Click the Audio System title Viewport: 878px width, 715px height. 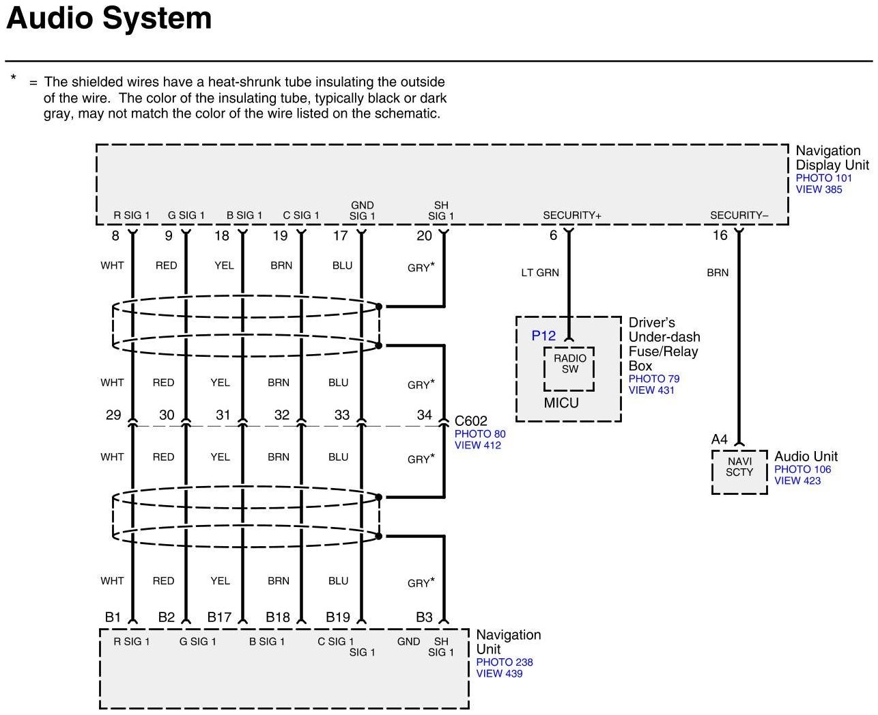point(109,18)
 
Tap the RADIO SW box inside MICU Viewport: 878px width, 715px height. point(569,364)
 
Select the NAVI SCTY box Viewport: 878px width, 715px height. point(739,467)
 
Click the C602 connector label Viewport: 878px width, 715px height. point(471,421)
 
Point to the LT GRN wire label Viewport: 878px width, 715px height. point(540,273)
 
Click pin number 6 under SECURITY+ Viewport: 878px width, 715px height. point(554,235)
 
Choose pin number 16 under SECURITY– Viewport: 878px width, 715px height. point(720,235)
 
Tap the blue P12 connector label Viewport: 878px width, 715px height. point(543,336)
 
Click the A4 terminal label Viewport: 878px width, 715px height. point(720,439)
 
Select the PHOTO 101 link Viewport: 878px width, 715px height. point(824,178)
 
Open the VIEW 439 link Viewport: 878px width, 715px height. point(499,673)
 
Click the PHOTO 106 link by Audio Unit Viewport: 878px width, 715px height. point(802,469)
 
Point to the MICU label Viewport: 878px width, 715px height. point(561,403)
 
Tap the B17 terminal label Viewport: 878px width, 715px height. point(219,617)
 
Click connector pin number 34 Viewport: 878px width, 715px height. point(425,414)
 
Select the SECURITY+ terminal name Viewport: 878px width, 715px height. point(572,215)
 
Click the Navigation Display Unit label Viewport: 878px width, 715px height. point(832,157)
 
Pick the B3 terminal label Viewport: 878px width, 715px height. point(424,617)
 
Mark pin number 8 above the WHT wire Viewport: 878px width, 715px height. point(115,236)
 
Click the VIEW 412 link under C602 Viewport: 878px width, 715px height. point(478,445)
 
